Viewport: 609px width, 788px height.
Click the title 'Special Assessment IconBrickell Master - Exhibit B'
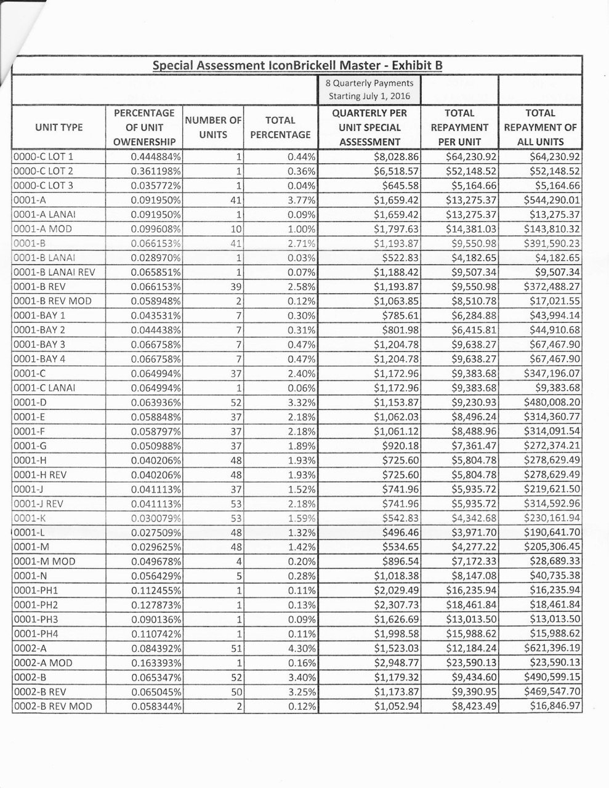pos(297,65)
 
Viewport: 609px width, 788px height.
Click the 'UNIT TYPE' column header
pos(59,127)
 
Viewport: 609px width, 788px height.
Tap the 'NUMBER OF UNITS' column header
pos(213,127)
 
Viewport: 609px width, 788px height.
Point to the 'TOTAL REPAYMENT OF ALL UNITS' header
pos(540,127)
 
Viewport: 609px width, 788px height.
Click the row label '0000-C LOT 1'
pos(43,156)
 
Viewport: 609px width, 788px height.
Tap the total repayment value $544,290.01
pos(552,200)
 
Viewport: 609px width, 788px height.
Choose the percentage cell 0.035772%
pos(156,185)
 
